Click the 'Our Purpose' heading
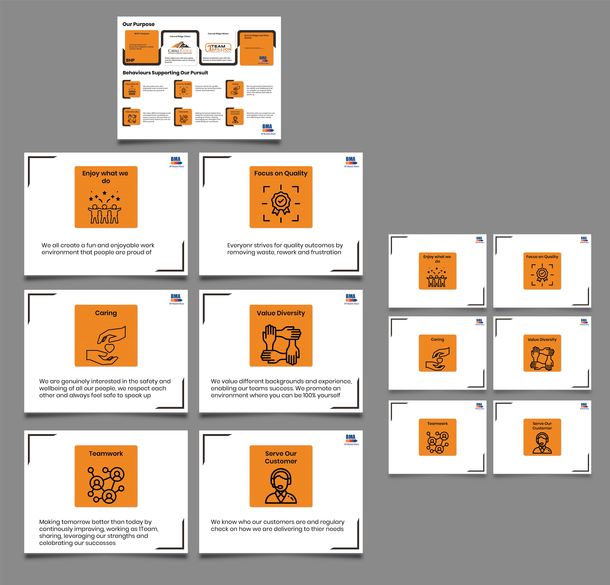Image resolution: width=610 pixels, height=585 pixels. tap(138, 24)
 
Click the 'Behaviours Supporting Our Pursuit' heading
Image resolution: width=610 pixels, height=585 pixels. tap(165, 73)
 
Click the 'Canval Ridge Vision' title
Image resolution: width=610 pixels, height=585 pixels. tap(180, 36)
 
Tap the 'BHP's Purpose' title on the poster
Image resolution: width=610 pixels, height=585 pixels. tap(142, 34)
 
